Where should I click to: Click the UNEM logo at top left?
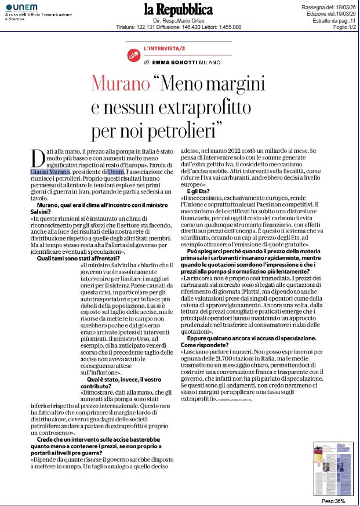click(22, 6)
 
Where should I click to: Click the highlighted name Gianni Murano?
click(50, 172)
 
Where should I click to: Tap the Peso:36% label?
click(333, 501)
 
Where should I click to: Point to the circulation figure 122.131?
click(144, 27)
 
